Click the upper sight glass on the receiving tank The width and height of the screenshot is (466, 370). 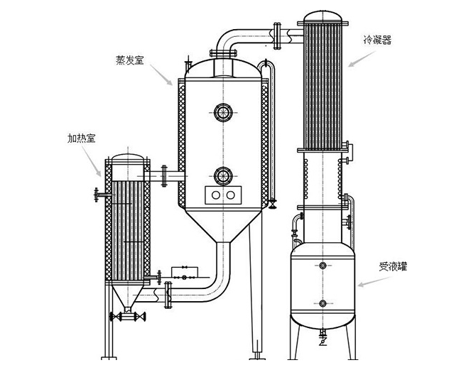point(323,266)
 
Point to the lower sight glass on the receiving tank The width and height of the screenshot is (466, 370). point(323,303)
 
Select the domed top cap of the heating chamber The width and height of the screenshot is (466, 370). point(127,158)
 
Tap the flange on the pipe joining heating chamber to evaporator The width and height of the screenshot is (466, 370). point(165,174)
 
